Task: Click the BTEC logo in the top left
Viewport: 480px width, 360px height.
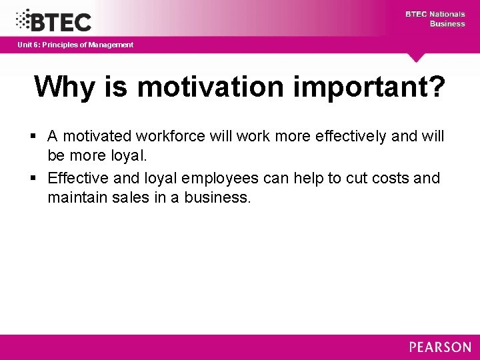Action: pyautogui.click(x=53, y=20)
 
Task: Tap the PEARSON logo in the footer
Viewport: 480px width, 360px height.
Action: pyautogui.click(x=440, y=347)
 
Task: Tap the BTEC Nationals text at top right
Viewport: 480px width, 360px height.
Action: pyautogui.click(x=435, y=14)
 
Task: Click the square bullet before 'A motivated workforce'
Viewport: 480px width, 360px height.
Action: pyautogui.click(x=34, y=137)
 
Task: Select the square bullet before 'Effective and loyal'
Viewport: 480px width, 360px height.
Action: pyautogui.click(x=34, y=179)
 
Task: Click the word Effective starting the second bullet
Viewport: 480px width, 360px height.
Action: pyautogui.click(x=77, y=179)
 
